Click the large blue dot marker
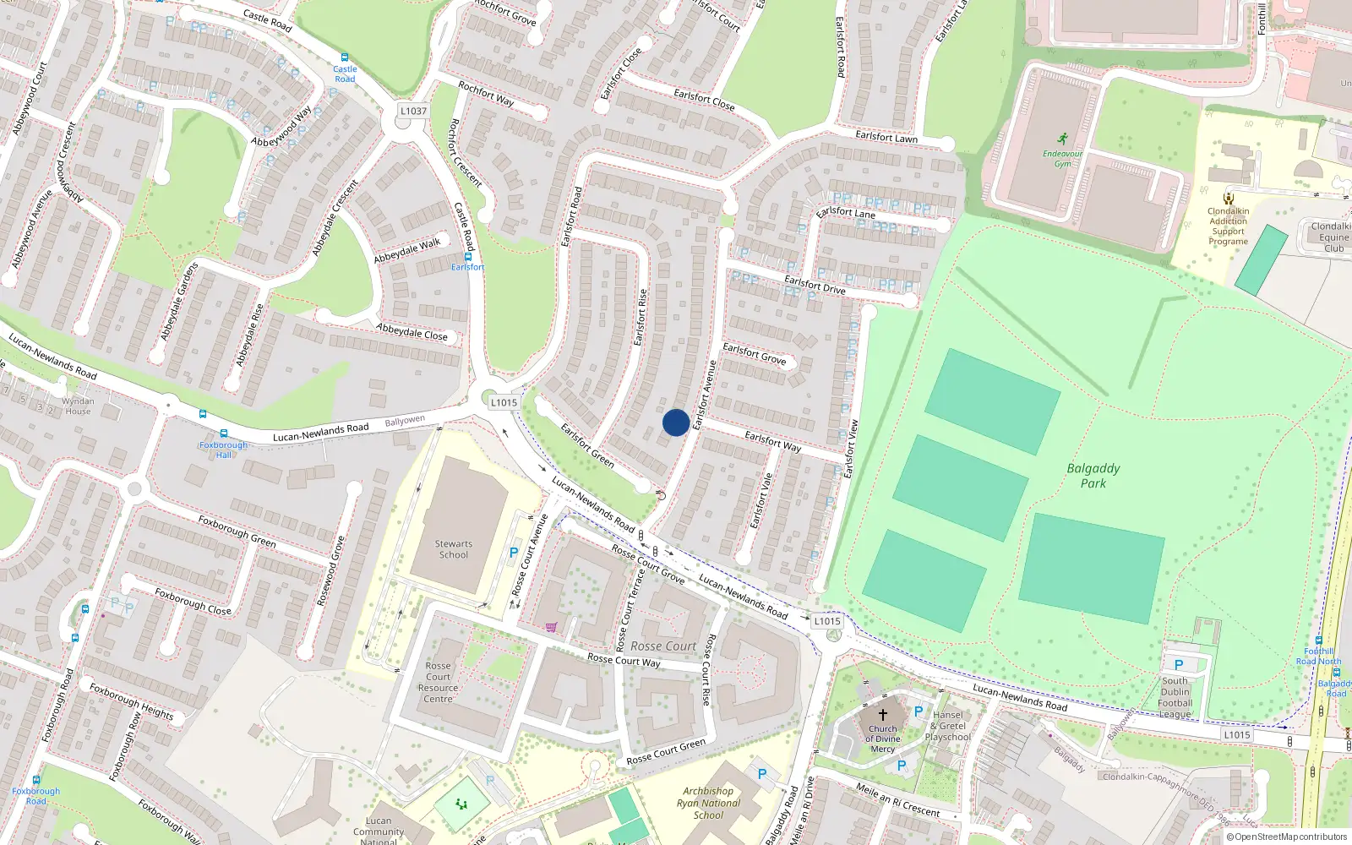click(676, 422)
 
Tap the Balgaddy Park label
click(1093, 476)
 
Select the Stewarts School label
click(454, 549)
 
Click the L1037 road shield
click(413, 111)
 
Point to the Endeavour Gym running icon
click(1062, 139)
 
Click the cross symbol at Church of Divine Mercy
click(883, 714)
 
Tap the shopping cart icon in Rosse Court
click(551, 627)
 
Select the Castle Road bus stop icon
click(345, 57)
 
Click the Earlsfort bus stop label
click(467, 267)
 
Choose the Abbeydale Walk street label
click(407, 249)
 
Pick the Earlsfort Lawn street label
click(886, 137)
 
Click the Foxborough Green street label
click(237, 531)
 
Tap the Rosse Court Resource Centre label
click(438, 682)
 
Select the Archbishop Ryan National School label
click(708, 803)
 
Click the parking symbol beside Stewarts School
click(513, 553)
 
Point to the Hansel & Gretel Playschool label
click(948, 726)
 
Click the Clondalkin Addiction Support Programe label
click(1228, 226)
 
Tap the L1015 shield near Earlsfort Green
click(504, 402)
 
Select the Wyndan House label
click(78, 406)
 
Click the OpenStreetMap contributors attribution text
click(1286, 837)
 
